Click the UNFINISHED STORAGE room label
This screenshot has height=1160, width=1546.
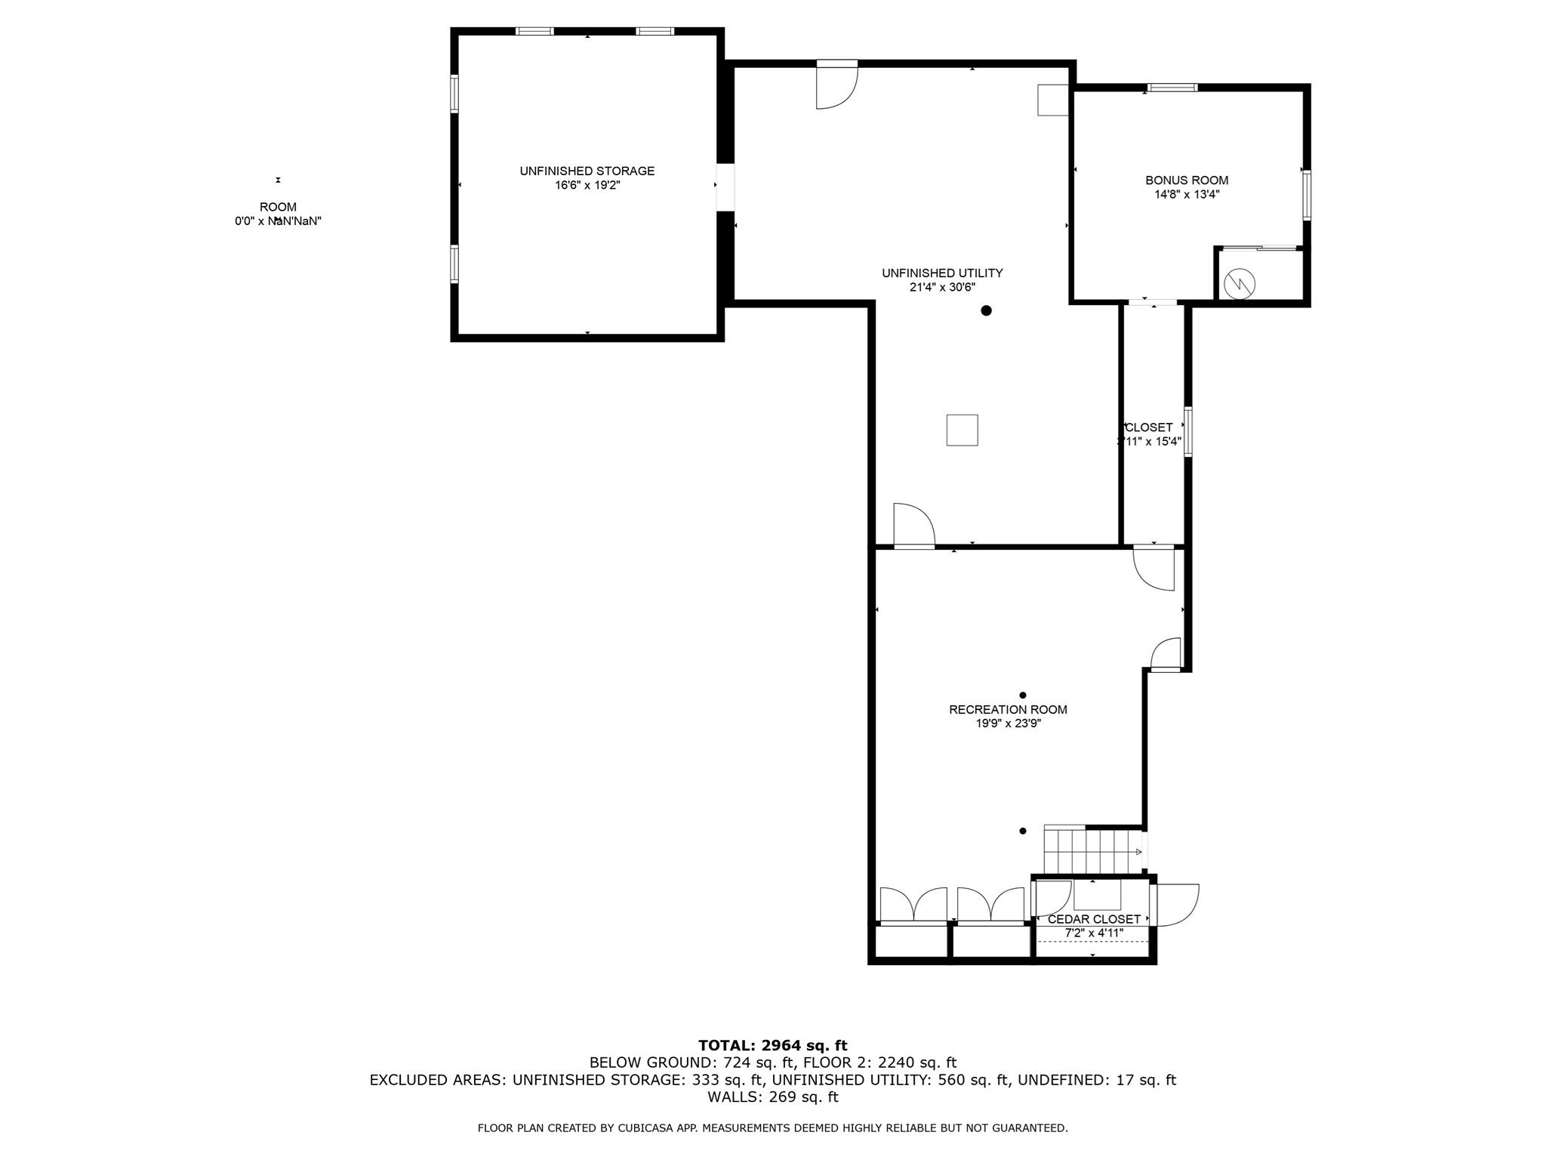[x=587, y=171]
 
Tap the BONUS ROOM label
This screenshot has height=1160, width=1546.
[x=1187, y=180]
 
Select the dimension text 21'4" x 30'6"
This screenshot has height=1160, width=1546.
[x=942, y=287]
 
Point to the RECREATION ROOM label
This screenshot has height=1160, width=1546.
[x=1008, y=710]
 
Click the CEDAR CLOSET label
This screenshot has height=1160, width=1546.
[x=1094, y=920]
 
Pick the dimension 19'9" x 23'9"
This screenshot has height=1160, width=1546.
[x=1008, y=723]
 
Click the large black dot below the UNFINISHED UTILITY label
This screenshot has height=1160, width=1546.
[x=986, y=310]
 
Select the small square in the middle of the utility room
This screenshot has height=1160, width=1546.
[x=962, y=430]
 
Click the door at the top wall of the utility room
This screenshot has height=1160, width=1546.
[x=836, y=85]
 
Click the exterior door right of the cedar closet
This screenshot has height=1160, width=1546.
[x=1176, y=905]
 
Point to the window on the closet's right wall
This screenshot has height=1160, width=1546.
[x=1188, y=432]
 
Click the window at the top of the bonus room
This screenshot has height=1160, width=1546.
[x=1172, y=88]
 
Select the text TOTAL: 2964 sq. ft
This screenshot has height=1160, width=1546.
[x=772, y=1046]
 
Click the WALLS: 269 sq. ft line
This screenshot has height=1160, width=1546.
[x=772, y=1097]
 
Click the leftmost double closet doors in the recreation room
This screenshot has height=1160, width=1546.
[x=913, y=905]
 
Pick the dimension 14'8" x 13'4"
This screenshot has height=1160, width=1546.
[x=1187, y=194]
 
